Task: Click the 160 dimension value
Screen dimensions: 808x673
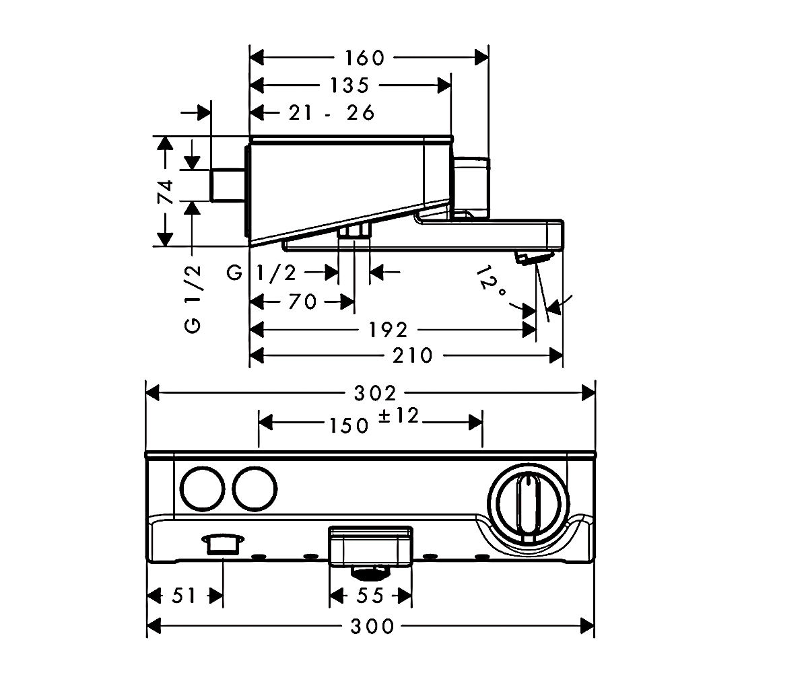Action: pos(364,58)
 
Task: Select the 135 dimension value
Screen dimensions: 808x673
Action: pos(349,85)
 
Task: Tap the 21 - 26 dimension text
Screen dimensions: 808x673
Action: pos(332,113)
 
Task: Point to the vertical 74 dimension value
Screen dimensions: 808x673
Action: pos(166,191)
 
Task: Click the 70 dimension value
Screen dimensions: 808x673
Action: pos(302,302)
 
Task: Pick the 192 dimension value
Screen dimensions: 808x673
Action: pos(388,330)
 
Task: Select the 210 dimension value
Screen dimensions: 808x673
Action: pos(413,355)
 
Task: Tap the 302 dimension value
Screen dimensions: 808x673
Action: pos(375,394)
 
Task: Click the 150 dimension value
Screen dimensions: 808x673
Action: pos(349,426)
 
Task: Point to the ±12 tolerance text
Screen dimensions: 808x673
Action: pos(399,416)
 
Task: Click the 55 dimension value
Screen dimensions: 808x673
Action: pos(370,596)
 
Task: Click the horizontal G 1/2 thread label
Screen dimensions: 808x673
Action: pos(262,273)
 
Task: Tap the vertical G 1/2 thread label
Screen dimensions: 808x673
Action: pos(193,299)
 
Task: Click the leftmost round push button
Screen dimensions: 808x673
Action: pos(203,489)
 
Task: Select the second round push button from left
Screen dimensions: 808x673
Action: pos(255,489)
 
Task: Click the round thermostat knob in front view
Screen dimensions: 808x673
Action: pos(529,503)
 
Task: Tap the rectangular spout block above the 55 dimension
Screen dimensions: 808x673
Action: pos(370,546)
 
